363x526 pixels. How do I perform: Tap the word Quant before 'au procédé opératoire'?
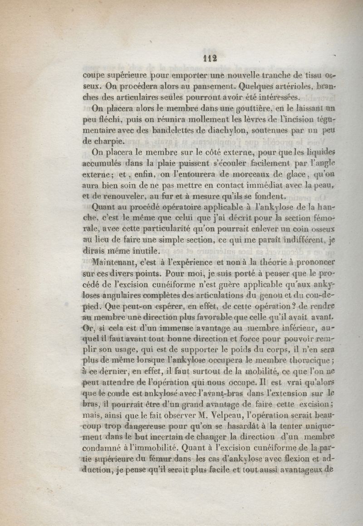(103, 207)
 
